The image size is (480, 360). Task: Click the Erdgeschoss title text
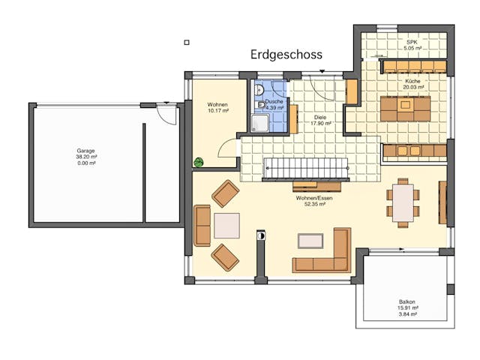tap(286, 55)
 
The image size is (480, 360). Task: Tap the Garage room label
tap(86, 151)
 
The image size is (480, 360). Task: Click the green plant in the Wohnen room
tap(199, 161)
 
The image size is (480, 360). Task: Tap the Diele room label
tap(320, 117)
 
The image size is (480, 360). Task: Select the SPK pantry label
tap(412, 43)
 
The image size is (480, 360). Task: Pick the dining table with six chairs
tap(403, 202)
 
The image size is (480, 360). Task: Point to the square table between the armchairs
tap(226, 225)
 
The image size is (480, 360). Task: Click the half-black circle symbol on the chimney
tap(260, 235)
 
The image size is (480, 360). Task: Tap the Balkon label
tap(407, 302)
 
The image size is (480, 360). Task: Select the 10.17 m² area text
tap(218, 110)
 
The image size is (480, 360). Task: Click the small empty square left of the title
tap(187, 43)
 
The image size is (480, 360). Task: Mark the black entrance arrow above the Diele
tap(322, 71)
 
